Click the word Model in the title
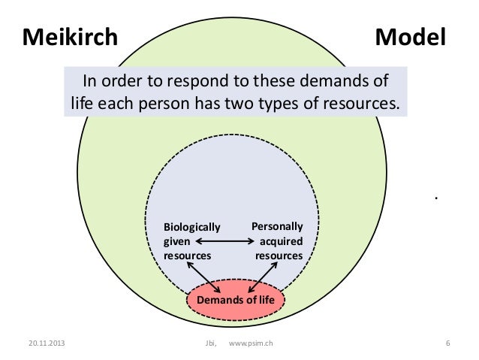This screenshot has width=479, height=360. (x=410, y=36)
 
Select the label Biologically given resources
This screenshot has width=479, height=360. (x=191, y=241)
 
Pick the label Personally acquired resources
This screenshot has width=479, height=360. (x=279, y=241)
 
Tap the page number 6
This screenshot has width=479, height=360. (x=447, y=344)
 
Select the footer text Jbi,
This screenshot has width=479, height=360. (x=209, y=344)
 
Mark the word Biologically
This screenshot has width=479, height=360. (x=191, y=227)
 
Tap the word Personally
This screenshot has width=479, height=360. (x=277, y=225)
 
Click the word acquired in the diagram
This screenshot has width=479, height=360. (x=281, y=241)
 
